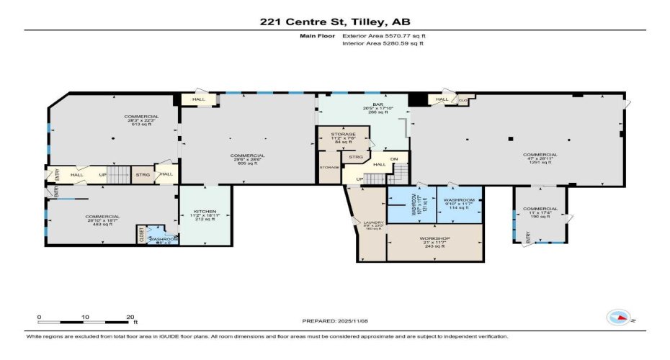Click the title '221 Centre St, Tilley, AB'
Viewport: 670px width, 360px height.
tap(334, 22)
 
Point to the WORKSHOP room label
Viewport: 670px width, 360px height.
tap(434, 238)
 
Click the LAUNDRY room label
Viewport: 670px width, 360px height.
tap(372, 223)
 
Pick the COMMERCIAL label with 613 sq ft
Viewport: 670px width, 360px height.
tap(141, 116)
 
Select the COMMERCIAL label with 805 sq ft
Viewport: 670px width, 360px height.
tap(247, 156)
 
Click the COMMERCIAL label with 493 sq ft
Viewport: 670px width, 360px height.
tap(102, 216)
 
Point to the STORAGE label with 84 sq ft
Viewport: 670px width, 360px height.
tap(344, 134)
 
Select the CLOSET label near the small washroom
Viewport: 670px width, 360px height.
tap(141, 235)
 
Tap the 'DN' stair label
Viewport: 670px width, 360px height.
tap(394, 159)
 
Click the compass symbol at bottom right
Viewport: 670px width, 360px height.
tap(618, 317)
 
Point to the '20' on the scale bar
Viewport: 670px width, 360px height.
tap(131, 317)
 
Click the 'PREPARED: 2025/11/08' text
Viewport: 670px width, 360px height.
tap(335, 320)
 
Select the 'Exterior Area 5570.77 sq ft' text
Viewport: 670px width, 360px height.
tap(379, 35)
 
